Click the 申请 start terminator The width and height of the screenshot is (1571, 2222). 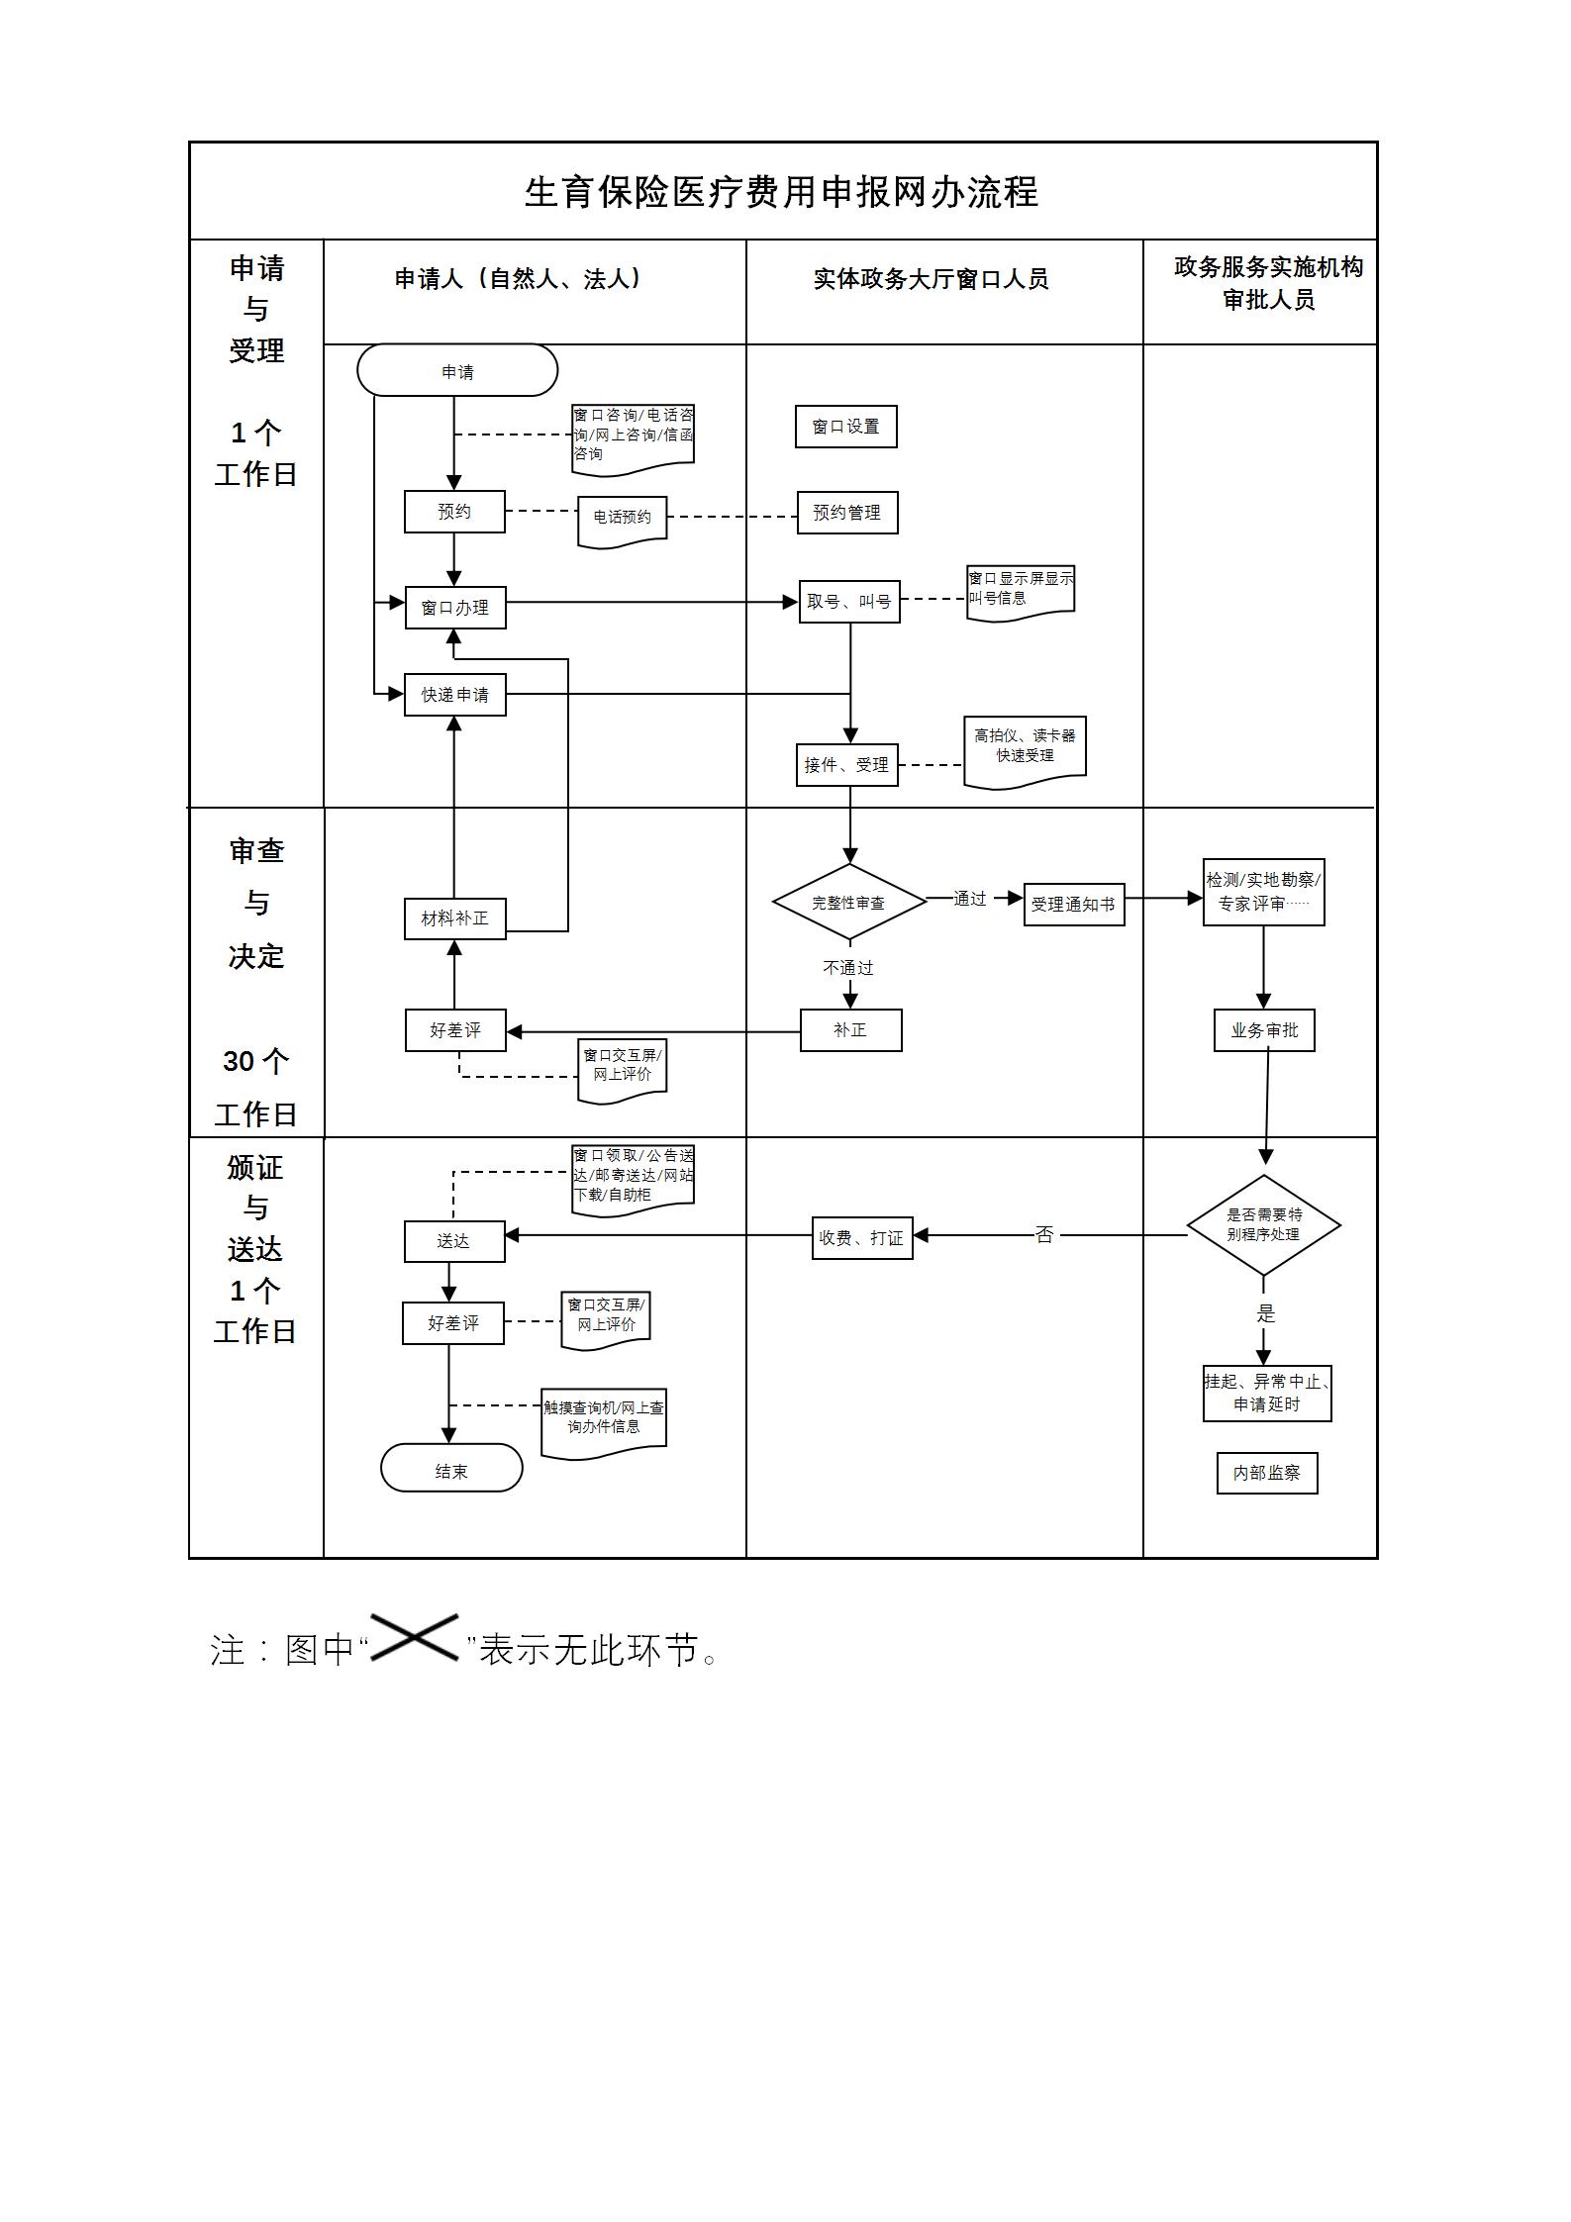[x=457, y=371]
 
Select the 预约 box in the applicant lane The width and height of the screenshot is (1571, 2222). [x=454, y=512]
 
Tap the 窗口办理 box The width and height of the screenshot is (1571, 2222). [x=455, y=608]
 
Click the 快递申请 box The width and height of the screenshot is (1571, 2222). [x=455, y=695]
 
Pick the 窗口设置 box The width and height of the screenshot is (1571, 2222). [x=845, y=427]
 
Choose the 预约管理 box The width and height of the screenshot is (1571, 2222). [x=847, y=513]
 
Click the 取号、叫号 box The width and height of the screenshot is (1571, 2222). [x=849, y=602]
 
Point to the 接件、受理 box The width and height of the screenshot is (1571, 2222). [x=846, y=765]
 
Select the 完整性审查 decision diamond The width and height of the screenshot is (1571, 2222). [x=848, y=903]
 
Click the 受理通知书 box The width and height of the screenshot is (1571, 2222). [x=1074, y=905]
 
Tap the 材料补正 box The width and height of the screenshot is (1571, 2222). [x=454, y=918]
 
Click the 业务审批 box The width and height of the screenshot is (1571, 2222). [x=1264, y=1030]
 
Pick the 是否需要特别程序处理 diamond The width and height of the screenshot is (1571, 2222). [x=1264, y=1224]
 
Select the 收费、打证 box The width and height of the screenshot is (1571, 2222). [x=862, y=1238]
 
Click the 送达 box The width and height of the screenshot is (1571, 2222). [x=454, y=1241]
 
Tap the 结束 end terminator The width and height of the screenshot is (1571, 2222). [x=451, y=1471]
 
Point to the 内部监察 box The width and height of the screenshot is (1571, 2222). [x=1267, y=1473]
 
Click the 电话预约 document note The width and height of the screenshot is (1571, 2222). [x=622, y=518]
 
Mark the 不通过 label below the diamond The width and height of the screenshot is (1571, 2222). [x=848, y=968]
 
